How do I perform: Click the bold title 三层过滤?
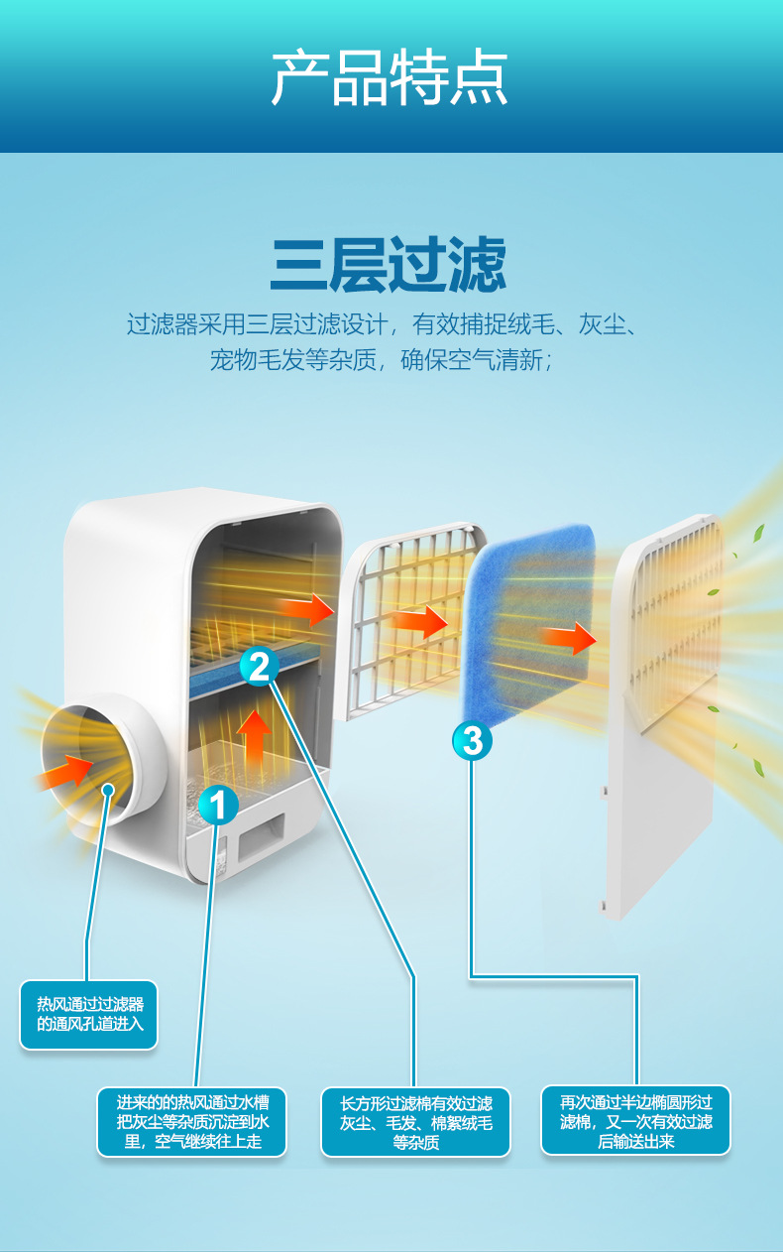[x=388, y=263]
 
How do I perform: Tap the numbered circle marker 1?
[x=218, y=805]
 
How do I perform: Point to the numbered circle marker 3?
[x=473, y=740]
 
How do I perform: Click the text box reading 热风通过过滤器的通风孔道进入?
[x=89, y=1014]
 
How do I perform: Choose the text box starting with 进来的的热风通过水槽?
[x=191, y=1121]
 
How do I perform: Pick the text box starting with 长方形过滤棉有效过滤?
[x=415, y=1122]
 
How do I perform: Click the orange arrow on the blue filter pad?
[x=570, y=638]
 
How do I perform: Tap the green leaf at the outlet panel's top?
[x=759, y=532]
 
